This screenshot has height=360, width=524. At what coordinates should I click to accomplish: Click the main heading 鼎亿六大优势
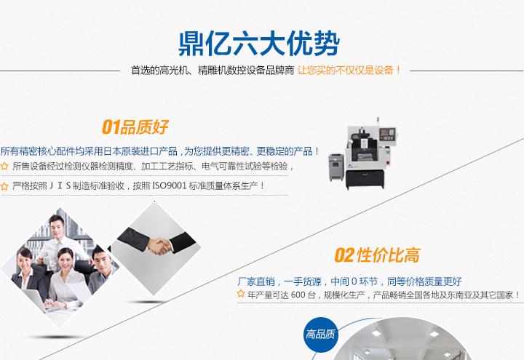point(259,44)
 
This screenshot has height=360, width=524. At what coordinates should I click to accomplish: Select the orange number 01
point(111,127)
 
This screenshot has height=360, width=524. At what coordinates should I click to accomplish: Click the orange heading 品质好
point(144,127)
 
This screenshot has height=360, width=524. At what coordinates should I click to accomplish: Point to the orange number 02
point(344,255)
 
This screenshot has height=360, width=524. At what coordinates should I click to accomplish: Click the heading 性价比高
point(389,255)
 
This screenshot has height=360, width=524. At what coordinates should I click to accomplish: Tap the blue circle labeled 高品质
point(320,335)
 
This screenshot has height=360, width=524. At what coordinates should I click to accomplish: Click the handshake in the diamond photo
point(159,246)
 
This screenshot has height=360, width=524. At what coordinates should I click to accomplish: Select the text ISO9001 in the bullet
point(169,185)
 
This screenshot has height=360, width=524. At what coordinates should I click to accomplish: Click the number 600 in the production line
point(298,295)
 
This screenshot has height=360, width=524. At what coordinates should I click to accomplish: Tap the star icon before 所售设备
point(4,166)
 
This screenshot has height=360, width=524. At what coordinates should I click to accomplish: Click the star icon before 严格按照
point(4,186)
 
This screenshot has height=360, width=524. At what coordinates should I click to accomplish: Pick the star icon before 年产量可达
point(241,294)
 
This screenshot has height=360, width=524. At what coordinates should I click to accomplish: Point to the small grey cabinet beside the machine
point(336,167)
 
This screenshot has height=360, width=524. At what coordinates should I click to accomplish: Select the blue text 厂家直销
point(256,281)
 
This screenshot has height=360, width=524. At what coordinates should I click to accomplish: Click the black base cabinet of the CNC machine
point(365,179)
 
